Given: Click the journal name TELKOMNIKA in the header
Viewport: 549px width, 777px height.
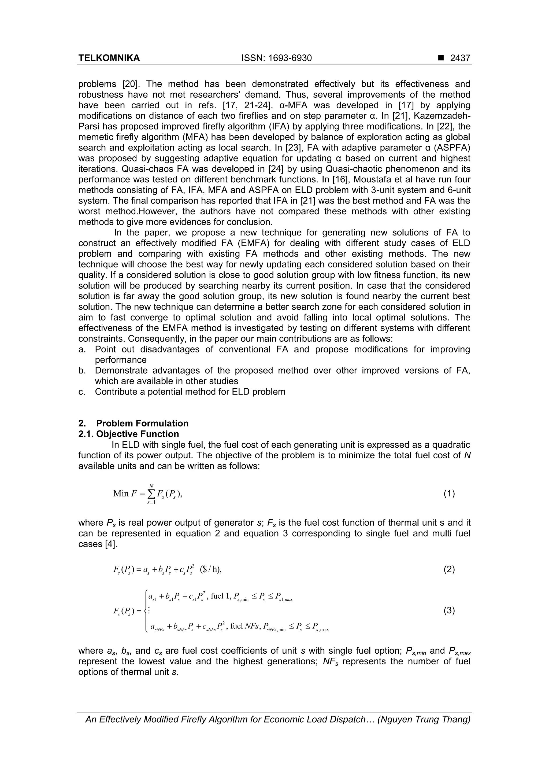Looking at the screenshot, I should [x=109, y=58].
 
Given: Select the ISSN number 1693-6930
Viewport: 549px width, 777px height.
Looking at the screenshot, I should [x=290, y=58].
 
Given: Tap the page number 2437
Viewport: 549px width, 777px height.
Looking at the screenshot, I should [x=460, y=58].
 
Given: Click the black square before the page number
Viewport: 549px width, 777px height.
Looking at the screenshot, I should [x=440, y=58].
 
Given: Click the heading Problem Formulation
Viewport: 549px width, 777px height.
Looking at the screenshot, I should [x=142, y=423].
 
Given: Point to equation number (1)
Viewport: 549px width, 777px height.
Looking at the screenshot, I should [x=449, y=494].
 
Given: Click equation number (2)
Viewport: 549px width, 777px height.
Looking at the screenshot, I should [x=449, y=570].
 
